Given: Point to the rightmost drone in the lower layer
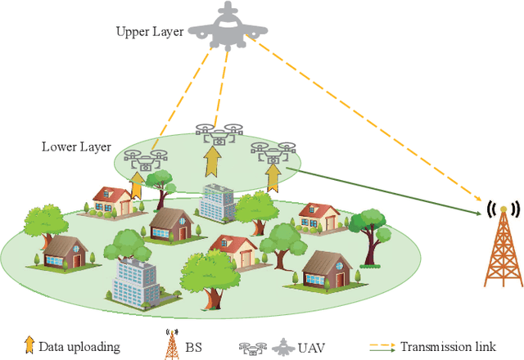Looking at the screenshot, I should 273,152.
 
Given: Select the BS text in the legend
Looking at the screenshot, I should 197,346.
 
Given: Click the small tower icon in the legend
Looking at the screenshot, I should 171,344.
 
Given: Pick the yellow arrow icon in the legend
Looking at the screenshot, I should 29,345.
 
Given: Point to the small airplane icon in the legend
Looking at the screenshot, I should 281,344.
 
